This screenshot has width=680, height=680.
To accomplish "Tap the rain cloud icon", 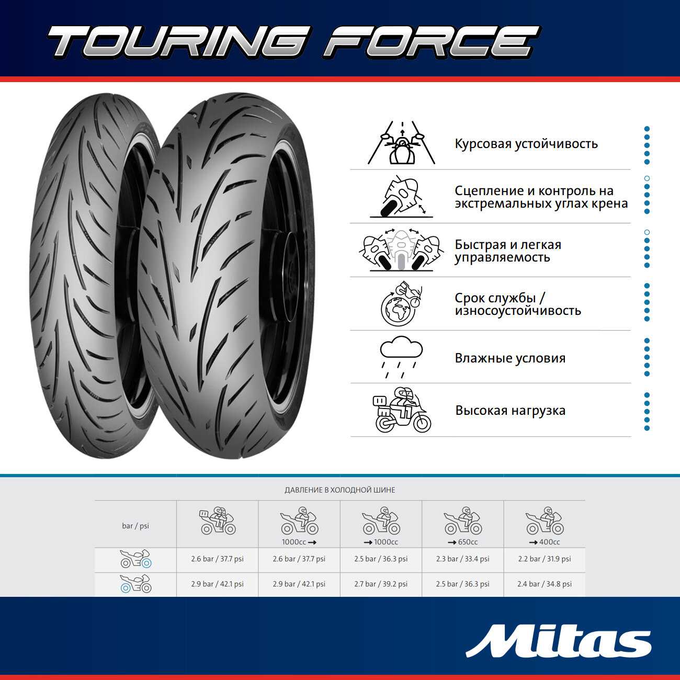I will click(x=401, y=357).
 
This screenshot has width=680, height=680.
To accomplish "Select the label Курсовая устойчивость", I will click(x=526, y=144).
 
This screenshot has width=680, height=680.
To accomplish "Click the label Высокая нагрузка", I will click(x=510, y=411).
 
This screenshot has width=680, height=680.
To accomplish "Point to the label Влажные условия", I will click(x=510, y=358).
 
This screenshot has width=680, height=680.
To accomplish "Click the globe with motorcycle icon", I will click(x=401, y=303).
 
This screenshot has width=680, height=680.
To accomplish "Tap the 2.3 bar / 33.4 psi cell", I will click(x=462, y=559).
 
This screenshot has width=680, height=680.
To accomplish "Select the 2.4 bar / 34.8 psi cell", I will click(x=544, y=584).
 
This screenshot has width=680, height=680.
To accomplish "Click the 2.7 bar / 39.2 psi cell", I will click(x=381, y=584).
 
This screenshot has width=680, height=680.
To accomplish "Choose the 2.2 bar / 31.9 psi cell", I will click(x=544, y=559).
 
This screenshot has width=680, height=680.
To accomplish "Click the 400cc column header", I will click(x=545, y=525).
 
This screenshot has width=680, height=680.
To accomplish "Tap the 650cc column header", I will click(x=462, y=525).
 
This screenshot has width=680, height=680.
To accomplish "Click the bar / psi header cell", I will click(x=135, y=526).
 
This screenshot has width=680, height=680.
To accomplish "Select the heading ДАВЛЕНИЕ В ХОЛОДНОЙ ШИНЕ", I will click(x=340, y=490).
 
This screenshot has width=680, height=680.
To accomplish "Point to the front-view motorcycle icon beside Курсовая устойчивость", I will click(x=402, y=143).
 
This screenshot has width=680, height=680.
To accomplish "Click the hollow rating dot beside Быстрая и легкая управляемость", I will click(x=647, y=232).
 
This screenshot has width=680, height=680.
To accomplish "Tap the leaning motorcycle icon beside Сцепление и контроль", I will click(x=402, y=197).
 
